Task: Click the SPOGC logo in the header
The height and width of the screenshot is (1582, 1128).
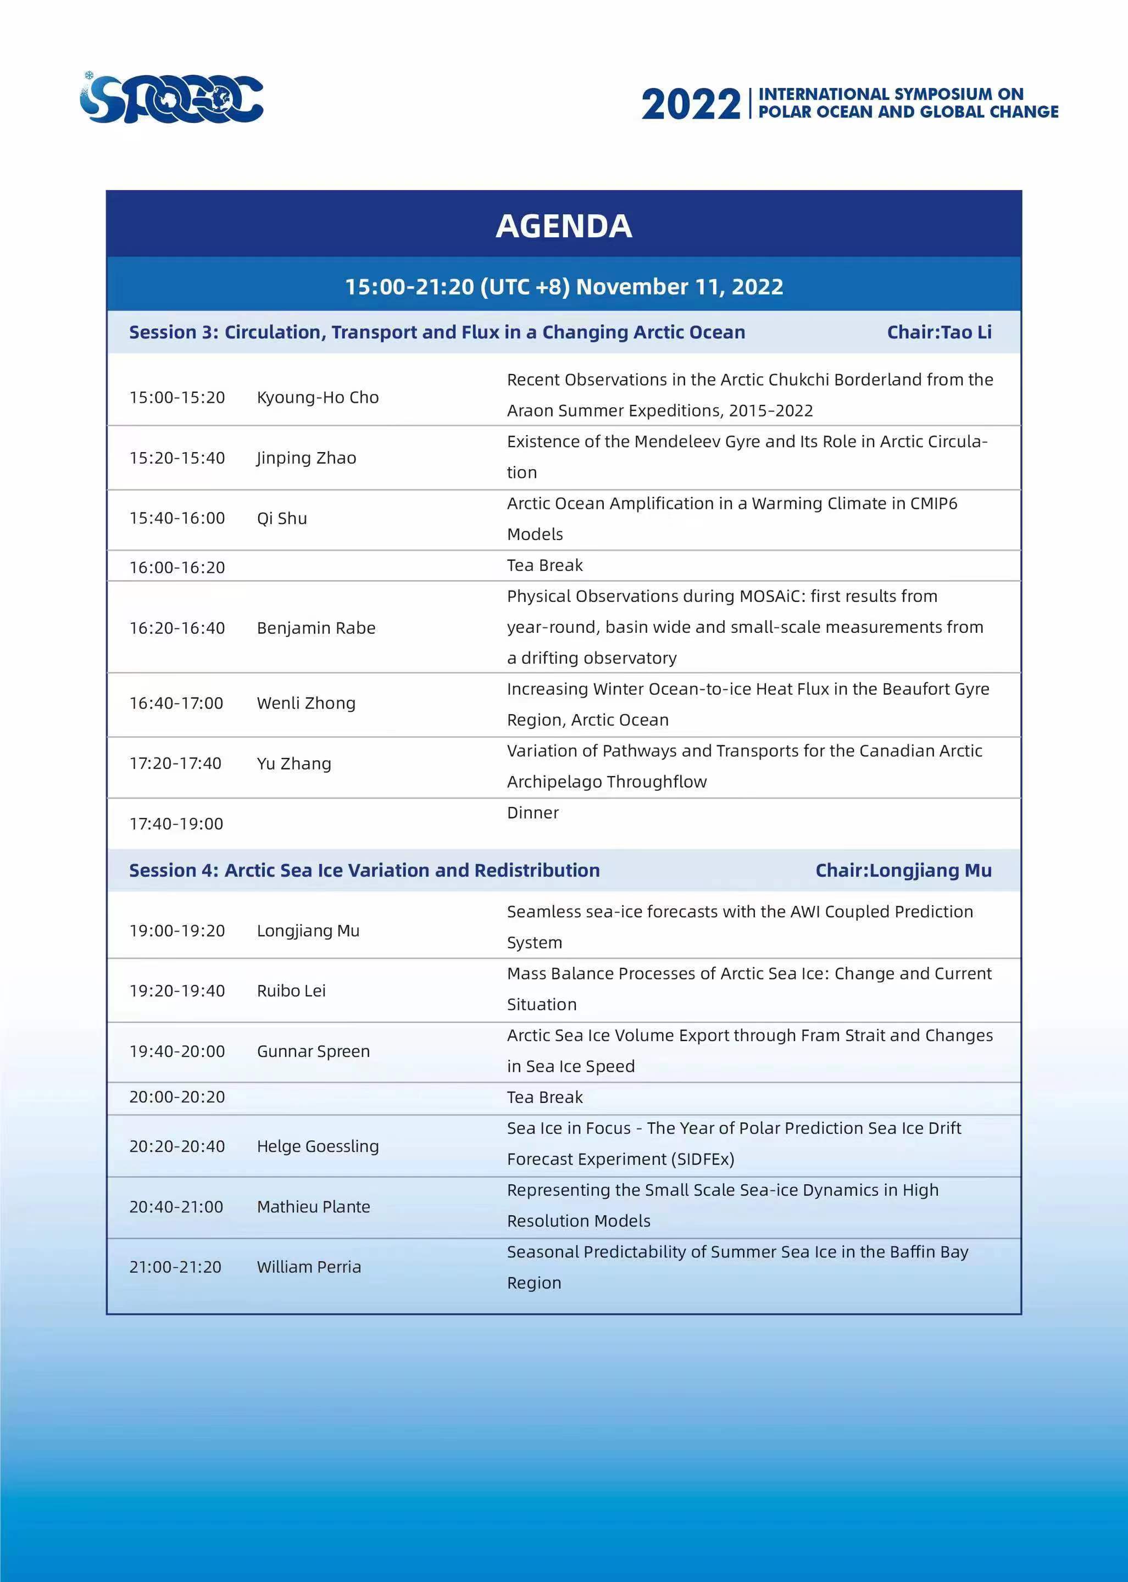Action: click(x=171, y=99)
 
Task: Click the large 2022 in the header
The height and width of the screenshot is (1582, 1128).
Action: click(x=691, y=105)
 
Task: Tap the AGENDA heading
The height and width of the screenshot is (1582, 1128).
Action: click(x=563, y=226)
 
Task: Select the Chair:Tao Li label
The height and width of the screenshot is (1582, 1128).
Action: click(x=938, y=332)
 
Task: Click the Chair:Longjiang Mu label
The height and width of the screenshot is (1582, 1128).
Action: click(x=903, y=870)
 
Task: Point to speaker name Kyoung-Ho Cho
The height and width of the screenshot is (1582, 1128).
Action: click(x=318, y=397)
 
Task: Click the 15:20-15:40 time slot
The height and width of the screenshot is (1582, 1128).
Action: click(x=177, y=458)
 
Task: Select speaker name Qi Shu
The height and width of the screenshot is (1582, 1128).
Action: click(x=281, y=518)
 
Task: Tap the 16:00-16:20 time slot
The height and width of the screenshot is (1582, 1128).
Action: click(x=177, y=567)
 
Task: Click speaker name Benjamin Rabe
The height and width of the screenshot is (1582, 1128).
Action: click(x=316, y=628)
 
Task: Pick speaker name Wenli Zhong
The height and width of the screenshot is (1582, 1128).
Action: click(x=306, y=703)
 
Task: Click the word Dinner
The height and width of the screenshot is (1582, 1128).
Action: click(x=533, y=812)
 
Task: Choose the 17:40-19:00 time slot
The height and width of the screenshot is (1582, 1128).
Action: click(x=176, y=823)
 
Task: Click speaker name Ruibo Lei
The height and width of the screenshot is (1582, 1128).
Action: click(x=291, y=990)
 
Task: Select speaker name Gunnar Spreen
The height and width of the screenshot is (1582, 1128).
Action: click(x=313, y=1051)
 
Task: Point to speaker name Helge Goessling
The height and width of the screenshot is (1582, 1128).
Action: click(x=318, y=1146)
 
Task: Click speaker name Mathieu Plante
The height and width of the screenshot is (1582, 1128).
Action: click(x=313, y=1206)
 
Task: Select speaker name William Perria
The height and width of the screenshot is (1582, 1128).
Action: click(x=309, y=1267)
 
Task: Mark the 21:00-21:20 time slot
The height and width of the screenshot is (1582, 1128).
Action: click(x=176, y=1267)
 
